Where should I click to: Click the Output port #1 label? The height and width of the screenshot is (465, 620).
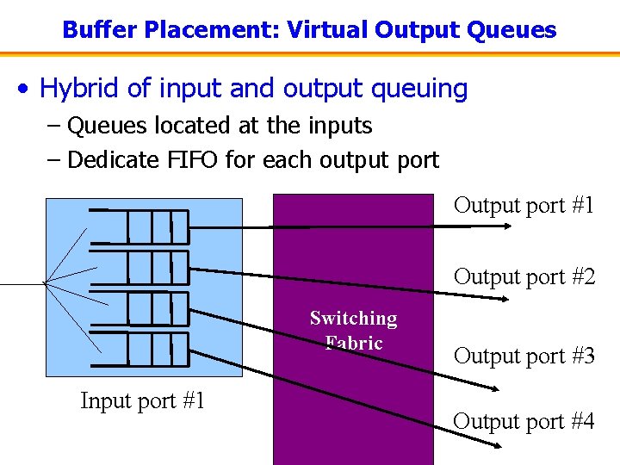[524, 205]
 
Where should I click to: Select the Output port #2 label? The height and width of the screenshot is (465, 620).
[524, 276]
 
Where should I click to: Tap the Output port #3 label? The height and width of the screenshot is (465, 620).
[524, 356]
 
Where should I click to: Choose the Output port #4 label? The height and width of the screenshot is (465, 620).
[524, 421]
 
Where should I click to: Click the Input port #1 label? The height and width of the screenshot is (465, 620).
[142, 400]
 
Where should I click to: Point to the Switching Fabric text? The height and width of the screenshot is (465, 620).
[353, 331]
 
